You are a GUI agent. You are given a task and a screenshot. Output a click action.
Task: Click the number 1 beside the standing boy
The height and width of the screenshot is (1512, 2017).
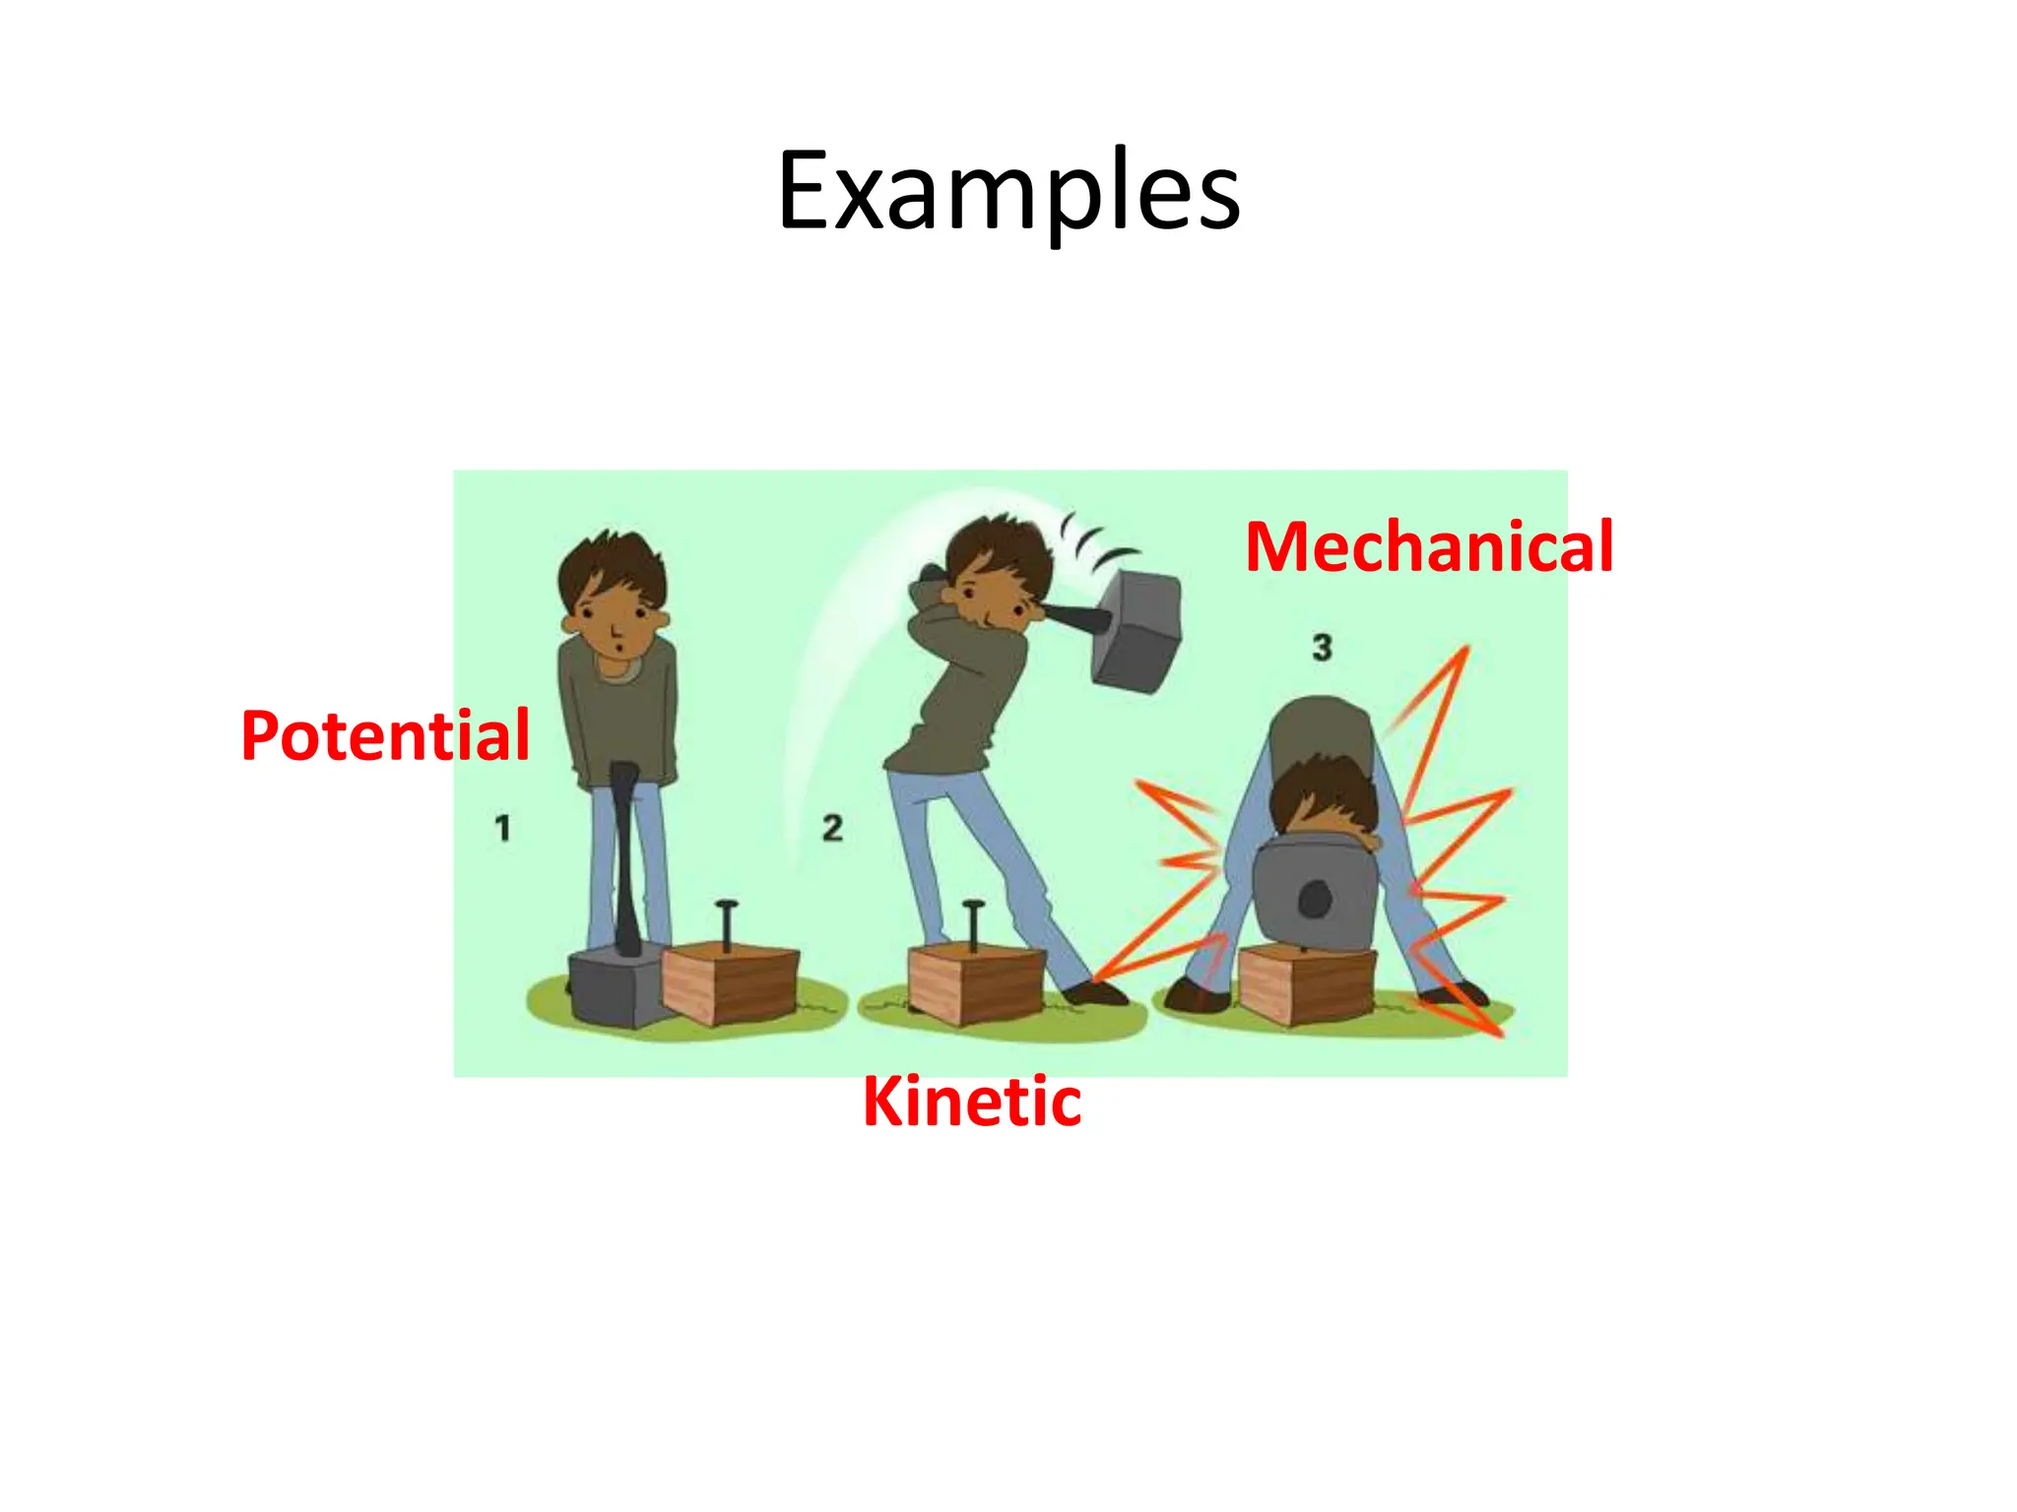[503, 828]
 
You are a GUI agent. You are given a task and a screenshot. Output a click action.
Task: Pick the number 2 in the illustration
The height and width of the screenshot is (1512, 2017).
[833, 828]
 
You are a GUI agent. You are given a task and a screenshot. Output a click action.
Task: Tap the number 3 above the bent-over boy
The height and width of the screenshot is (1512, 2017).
[1322, 647]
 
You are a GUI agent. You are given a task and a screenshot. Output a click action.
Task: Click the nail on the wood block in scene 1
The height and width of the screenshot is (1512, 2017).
[727, 925]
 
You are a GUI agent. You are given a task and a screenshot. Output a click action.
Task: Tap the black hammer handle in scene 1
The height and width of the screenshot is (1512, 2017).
[624, 856]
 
